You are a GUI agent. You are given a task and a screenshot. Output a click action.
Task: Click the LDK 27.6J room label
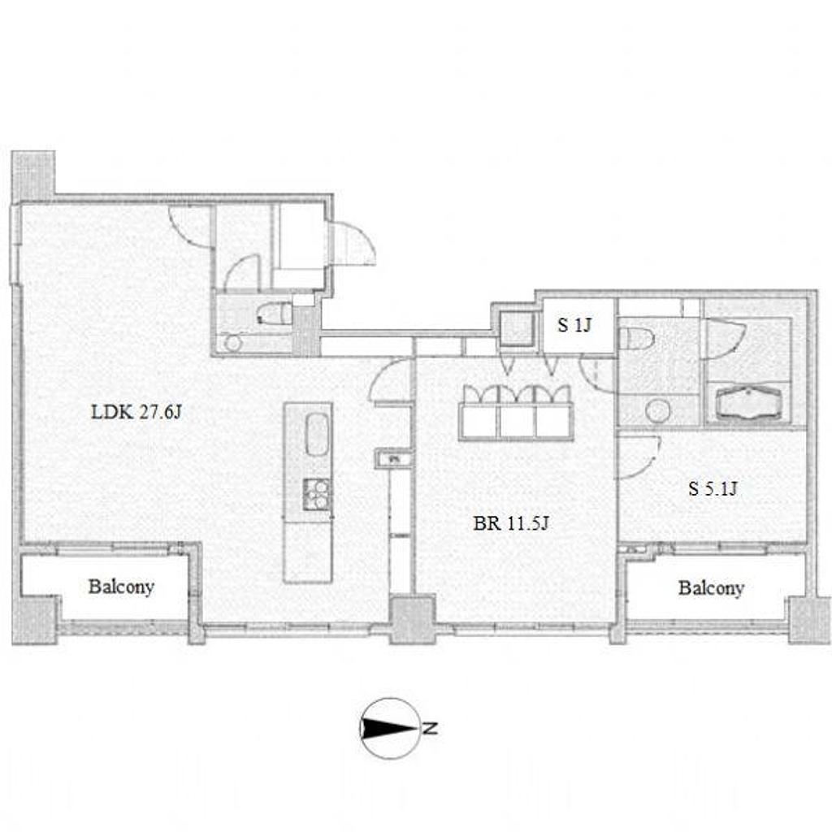[x=136, y=412]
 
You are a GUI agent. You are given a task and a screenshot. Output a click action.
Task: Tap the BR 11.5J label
[x=511, y=524]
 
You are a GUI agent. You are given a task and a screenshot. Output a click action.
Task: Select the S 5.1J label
[x=713, y=488]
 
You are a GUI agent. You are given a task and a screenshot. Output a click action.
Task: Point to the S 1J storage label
[x=574, y=325]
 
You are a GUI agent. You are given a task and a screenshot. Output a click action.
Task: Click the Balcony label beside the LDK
[x=121, y=587]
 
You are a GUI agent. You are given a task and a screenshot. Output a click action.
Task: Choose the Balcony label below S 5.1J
[x=711, y=588]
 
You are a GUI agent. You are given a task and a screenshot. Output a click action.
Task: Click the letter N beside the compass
[x=430, y=728]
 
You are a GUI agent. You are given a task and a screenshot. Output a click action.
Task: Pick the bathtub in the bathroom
[x=748, y=402]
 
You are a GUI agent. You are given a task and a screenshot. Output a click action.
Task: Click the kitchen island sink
[x=317, y=434]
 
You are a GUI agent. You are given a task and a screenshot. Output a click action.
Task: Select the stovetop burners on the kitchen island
[x=316, y=494]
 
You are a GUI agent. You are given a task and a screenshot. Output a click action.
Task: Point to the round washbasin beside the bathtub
[x=658, y=410]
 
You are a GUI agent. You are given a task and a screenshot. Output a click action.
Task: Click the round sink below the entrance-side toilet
[x=232, y=342]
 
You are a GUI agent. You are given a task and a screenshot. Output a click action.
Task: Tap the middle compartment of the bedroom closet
[x=517, y=422]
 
